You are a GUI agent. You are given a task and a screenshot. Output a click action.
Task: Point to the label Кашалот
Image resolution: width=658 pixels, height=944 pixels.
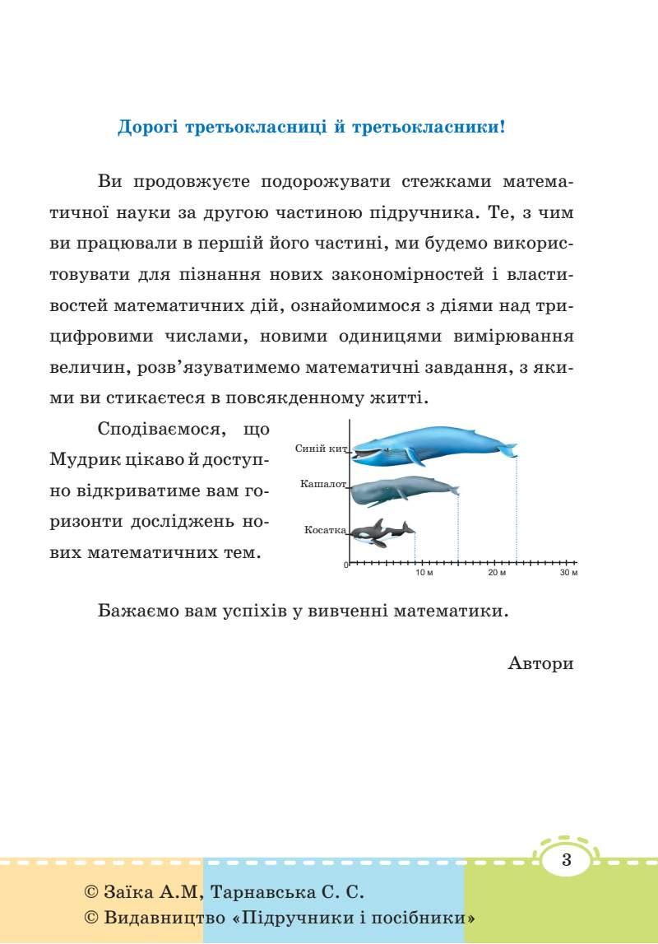pos(323,484)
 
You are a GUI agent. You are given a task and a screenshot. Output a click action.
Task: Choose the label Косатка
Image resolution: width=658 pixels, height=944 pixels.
pos(325,530)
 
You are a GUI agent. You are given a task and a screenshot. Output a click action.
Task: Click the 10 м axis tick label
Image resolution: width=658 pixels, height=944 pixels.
pos(424,573)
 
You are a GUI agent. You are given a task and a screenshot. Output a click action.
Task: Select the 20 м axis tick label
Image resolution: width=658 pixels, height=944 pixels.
pos(497,573)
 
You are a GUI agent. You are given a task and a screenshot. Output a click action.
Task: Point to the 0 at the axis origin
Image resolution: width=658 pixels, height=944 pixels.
pos(346,565)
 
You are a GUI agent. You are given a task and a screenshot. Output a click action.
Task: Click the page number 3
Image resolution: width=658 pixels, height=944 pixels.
pos(566,861)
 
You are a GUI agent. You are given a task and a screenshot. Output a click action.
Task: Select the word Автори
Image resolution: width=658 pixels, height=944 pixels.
pos(540,663)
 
